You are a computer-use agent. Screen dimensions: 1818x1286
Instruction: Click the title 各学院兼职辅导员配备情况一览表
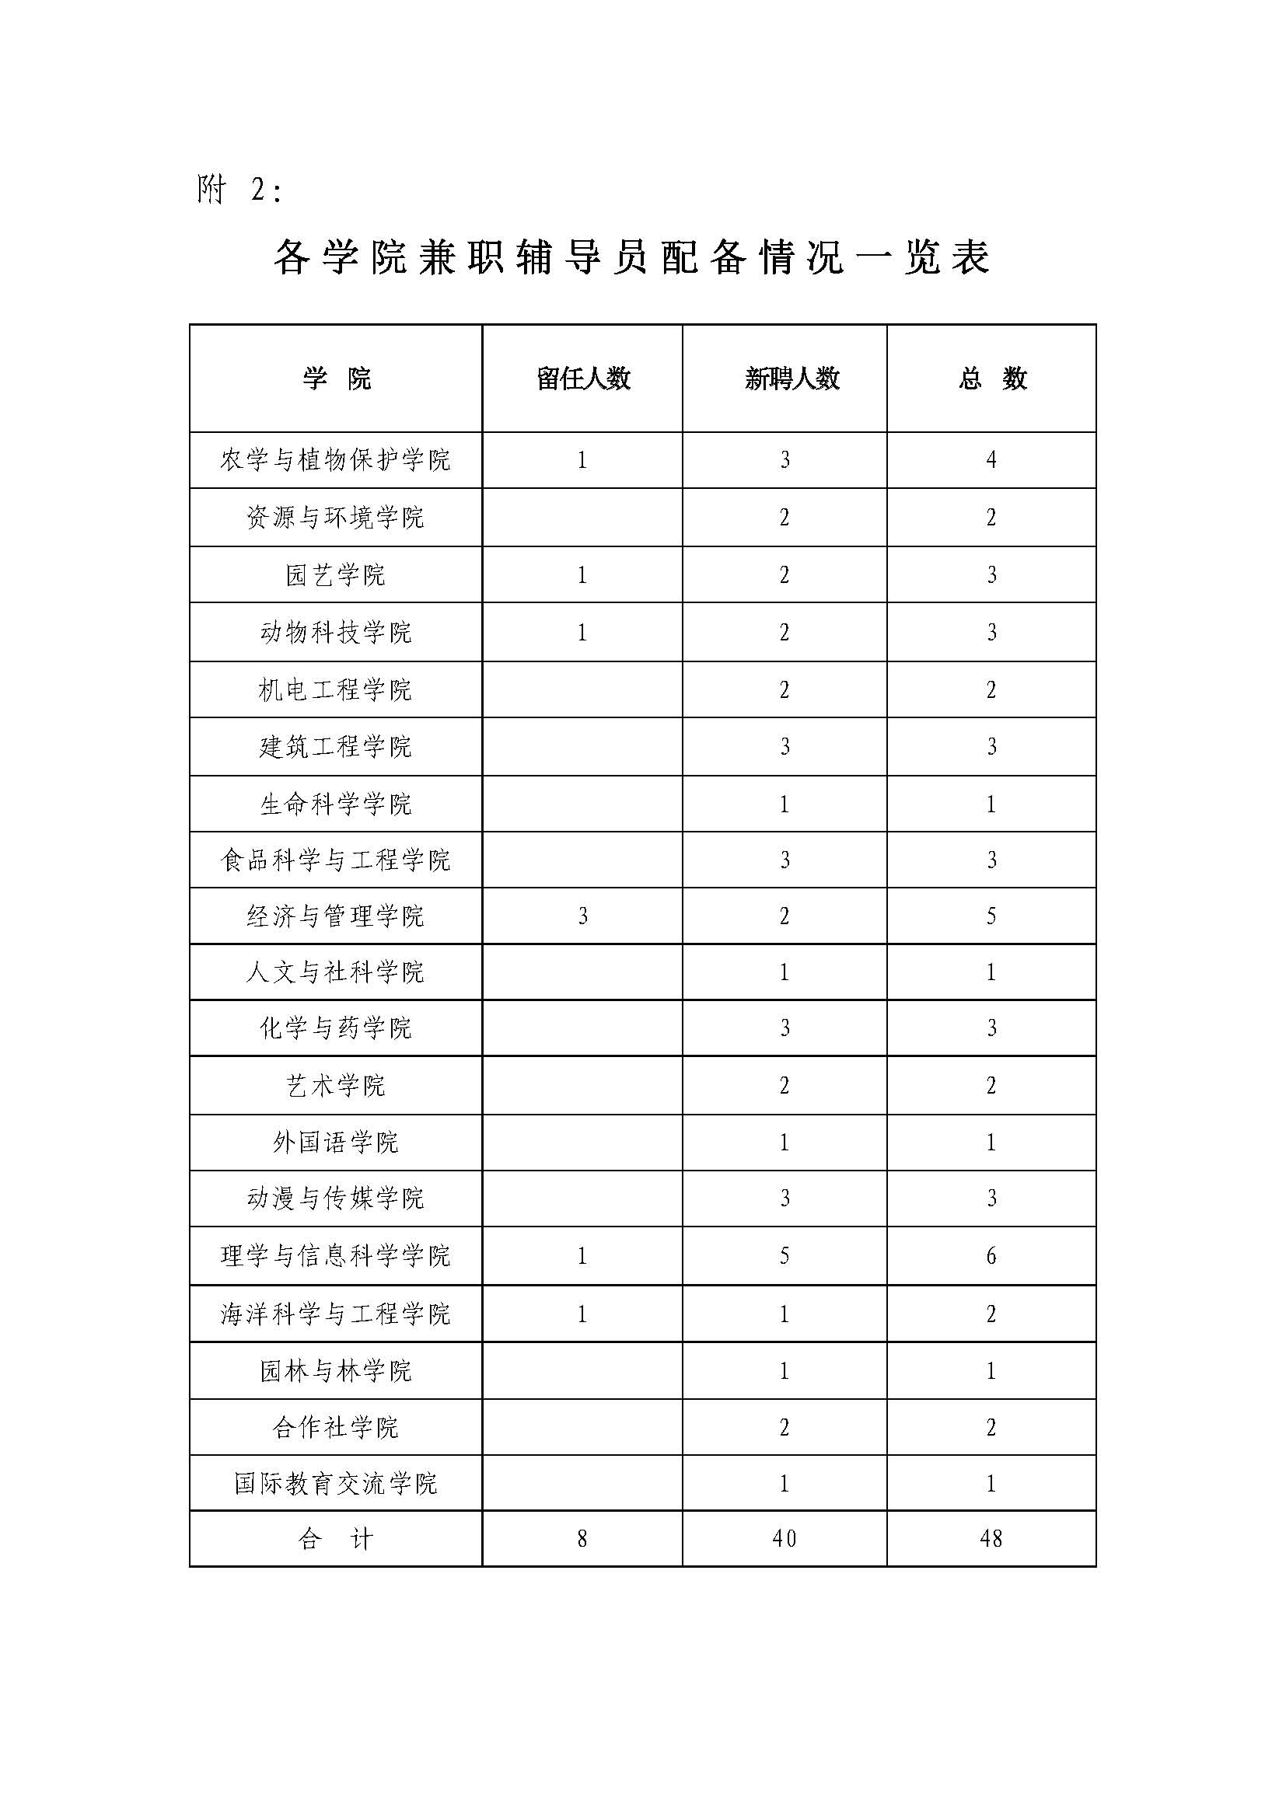pyautogui.click(x=631, y=257)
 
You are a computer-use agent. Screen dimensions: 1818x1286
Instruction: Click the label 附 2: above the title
pyautogui.click(x=239, y=190)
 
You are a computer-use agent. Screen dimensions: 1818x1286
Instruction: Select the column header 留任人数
pyautogui.click(x=583, y=379)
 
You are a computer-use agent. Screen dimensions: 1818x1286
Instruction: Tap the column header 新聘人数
pyautogui.click(x=791, y=379)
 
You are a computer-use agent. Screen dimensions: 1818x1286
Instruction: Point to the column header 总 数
pyautogui.click(x=991, y=379)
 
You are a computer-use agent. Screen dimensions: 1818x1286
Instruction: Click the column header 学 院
pyautogui.click(x=336, y=379)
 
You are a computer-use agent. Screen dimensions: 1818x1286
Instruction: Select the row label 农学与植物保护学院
pyautogui.click(x=336, y=460)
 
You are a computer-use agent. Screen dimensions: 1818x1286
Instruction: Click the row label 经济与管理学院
pyautogui.click(x=336, y=916)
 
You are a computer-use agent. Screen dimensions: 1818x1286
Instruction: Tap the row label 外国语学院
pyautogui.click(x=336, y=1143)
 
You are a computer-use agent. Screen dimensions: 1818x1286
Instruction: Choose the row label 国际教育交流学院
pyautogui.click(x=336, y=1483)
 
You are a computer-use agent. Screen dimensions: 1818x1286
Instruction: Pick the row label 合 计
pyautogui.click(x=336, y=1539)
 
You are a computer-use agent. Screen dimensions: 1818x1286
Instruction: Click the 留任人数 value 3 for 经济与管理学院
pyautogui.click(x=583, y=916)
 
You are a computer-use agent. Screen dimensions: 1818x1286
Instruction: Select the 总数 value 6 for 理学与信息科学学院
pyautogui.click(x=991, y=1256)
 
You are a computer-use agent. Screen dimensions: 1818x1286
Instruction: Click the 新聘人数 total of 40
pyautogui.click(x=784, y=1539)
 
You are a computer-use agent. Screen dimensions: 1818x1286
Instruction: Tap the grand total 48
pyautogui.click(x=991, y=1539)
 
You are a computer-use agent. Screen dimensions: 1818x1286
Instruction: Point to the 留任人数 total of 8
pyautogui.click(x=583, y=1539)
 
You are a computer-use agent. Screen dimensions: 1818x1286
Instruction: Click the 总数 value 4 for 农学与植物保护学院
pyautogui.click(x=991, y=460)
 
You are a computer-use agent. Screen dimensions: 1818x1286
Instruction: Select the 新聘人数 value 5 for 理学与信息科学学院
pyautogui.click(x=784, y=1256)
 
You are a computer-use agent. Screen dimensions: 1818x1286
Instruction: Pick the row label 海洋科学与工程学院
pyautogui.click(x=336, y=1314)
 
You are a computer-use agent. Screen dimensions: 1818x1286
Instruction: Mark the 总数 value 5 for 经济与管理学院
pyautogui.click(x=991, y=916)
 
